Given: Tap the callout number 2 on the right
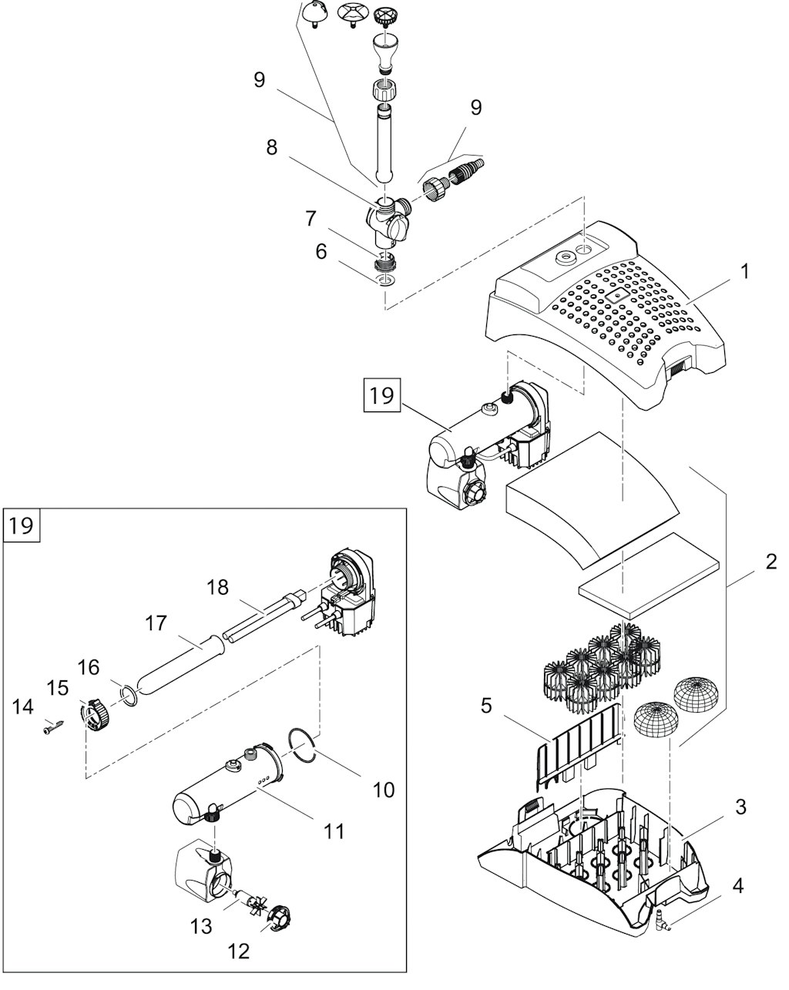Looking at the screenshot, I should (x=771, y=562).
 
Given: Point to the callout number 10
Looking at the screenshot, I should (x=383, y=789).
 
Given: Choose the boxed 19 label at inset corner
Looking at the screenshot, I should (x=22, y=526).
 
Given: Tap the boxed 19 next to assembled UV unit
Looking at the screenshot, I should (x=381, y=396).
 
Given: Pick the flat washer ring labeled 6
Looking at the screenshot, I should (x=387, y=277).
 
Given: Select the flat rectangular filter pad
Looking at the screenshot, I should (x=651, y=576).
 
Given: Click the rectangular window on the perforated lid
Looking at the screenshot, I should (x=616, y=295).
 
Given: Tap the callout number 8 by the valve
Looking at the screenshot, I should (x=271, y=147).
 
